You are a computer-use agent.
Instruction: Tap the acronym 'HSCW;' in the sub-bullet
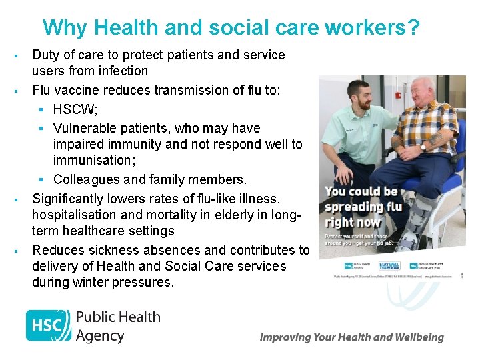(75, 109)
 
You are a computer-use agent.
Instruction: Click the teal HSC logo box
(48, 325)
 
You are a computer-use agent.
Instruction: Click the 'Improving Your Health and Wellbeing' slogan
(351, 337)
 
